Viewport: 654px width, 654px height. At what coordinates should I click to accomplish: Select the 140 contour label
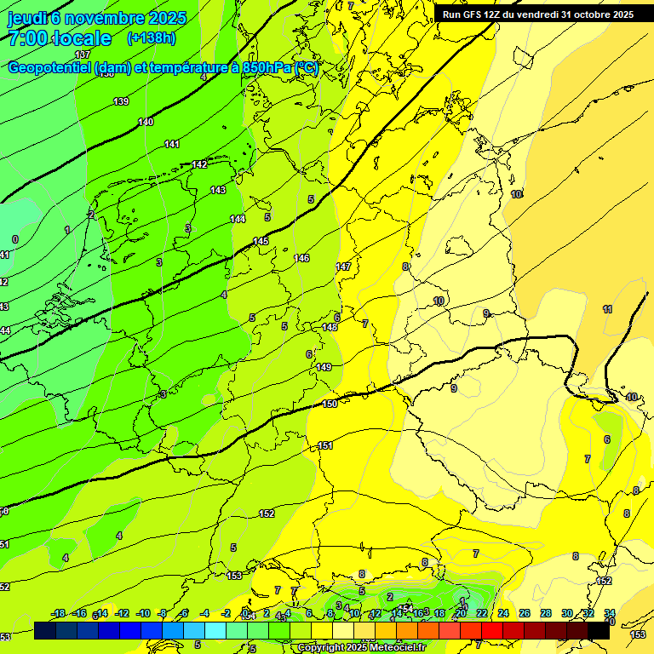pyautogui.click(x=146, y=122)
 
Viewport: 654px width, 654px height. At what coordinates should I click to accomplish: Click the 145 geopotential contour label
pyautogui.click(x=261, y=242)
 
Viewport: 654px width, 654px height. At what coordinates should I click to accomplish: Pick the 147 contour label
pyautogui.click(x=343, y=267)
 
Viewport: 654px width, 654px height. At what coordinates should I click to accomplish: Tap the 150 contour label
pyautogui.click(x=330, y=404)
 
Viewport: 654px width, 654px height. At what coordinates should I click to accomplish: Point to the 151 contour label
pyautogui.click(x=325, y=445)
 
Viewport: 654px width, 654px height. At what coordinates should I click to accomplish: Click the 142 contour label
pyautogui.click(x=199, y=164)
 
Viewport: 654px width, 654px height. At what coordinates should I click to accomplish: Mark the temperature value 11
pyautogui.click(x=607, y=309)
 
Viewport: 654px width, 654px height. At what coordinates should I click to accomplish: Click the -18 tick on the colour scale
pyautogui.click(x=58, y=613)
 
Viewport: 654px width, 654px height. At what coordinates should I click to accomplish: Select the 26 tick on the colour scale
pyautogui.click(x=525, y=613)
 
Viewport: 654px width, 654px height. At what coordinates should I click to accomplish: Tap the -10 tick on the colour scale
pyautogui.click(x=143, y=613)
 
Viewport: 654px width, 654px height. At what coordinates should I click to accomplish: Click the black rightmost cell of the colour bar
pyautogui.click(x=599, y=630)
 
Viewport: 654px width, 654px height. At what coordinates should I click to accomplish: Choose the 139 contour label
pyautogui.click(x=121, y=101)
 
